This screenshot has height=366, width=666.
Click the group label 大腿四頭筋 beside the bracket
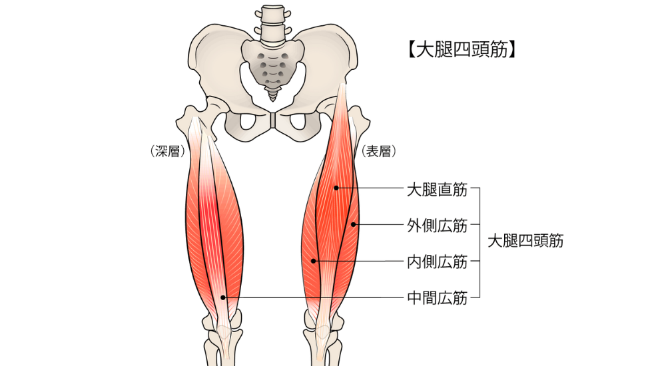tap(525, 241)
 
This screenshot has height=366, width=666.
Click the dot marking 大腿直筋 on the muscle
tap(336, 188)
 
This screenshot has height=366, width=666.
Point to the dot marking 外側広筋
tap(354, 224)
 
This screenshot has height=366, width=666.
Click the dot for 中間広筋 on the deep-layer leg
tap(224, 297)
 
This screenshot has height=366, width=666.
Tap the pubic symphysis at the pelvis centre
tap(272, 120)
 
